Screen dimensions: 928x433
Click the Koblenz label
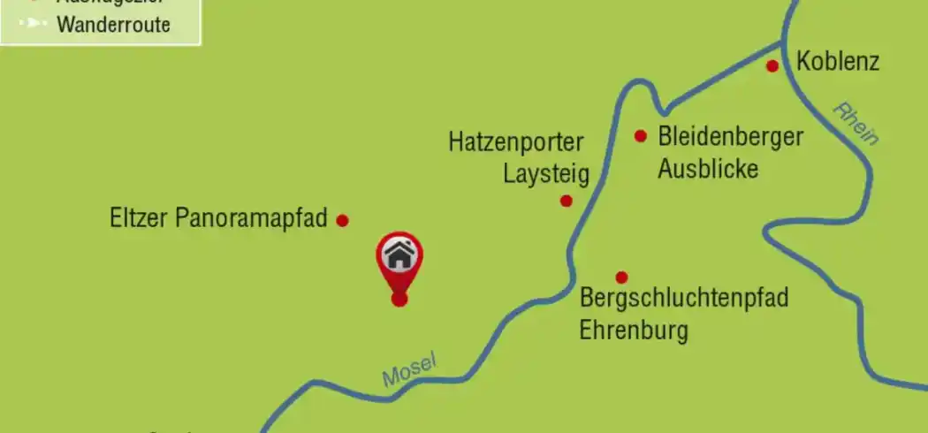point(838,62)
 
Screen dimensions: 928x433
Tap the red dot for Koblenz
point(772,65)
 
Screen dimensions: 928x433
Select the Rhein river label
point(856,124)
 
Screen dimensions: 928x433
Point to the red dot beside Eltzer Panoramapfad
point(343,220)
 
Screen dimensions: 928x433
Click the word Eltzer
point(140,218)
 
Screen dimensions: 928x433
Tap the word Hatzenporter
point(516,141)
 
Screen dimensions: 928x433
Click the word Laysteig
point(545,173)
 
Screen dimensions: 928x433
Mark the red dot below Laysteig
point(567,201)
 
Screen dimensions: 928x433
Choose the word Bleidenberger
point(730,137)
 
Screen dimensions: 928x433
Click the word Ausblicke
point(708,169)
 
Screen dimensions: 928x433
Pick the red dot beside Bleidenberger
point(642,136)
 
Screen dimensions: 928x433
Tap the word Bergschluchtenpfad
point(683,299)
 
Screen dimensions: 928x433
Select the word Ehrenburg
point(633,331)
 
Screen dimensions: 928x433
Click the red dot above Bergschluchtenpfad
point(621,277)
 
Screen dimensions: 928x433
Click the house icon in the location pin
point(399,256)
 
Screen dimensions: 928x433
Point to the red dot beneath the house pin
point(399,299)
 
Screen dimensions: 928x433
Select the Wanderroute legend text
point(113,24)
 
